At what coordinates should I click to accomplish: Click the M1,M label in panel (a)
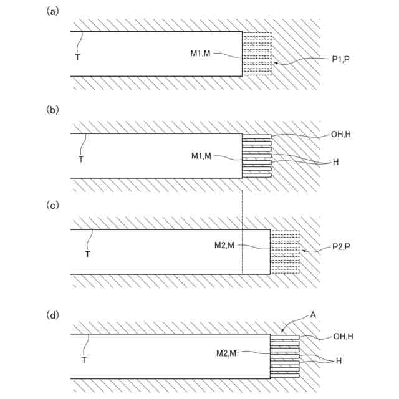tap(201, 54)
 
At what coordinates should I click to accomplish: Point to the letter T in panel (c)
tap(87, 254)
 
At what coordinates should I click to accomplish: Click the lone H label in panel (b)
tap(335, 162)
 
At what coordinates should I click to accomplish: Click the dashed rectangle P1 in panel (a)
tap(257, 54)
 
